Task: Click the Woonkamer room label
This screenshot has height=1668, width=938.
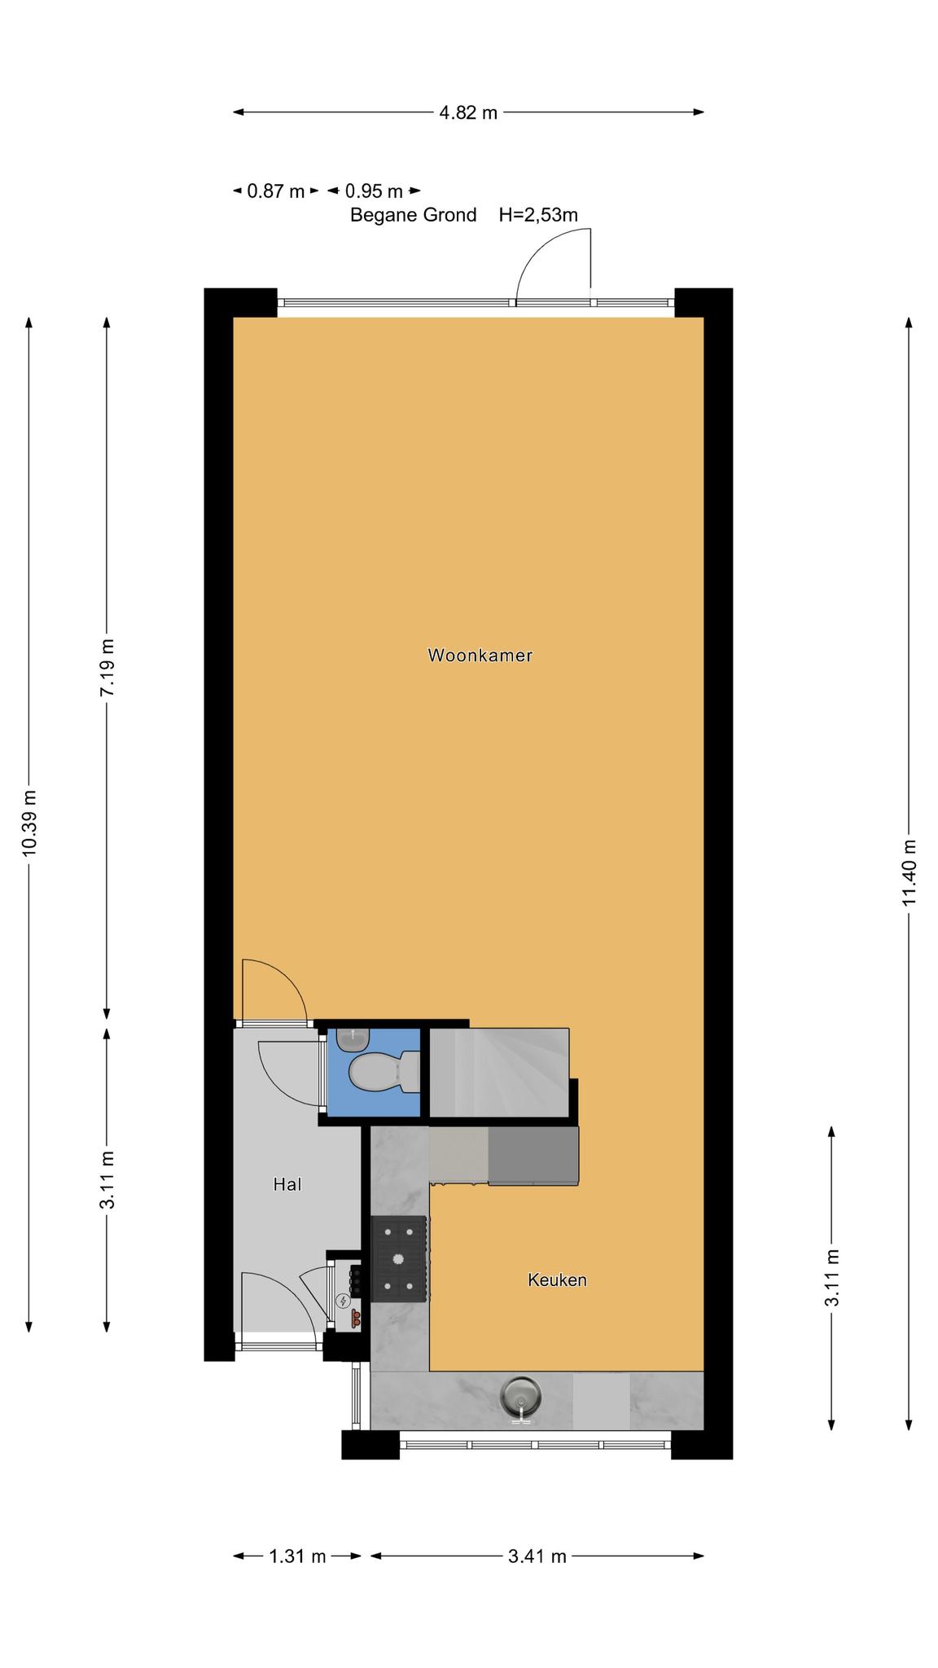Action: click(480, 655)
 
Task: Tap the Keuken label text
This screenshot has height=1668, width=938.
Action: click(557, 1280)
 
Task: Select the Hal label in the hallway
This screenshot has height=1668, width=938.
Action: click(287, 1184)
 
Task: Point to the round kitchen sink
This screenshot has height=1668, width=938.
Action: click(521, 1396)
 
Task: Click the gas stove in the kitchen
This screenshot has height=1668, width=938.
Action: click(399, 1258)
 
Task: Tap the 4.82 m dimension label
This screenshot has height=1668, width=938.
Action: click(468, 113)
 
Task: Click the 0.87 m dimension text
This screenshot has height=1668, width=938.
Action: click(275, 191)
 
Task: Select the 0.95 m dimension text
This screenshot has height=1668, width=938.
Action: click(374, 191)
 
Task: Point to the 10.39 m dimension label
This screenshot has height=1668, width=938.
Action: click(29, 823)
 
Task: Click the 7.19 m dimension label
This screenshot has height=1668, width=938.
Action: click(107, 667)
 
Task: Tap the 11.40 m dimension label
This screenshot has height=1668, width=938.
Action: click(910, 872)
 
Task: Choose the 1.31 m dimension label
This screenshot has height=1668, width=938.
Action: click(297, 1556)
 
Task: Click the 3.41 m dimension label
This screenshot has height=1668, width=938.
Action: click(537, 1556)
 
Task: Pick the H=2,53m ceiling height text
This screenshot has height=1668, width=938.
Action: click(538, 215)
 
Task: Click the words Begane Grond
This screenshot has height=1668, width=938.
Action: click(414, 215)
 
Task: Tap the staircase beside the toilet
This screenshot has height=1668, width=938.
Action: click(499, 1072)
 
